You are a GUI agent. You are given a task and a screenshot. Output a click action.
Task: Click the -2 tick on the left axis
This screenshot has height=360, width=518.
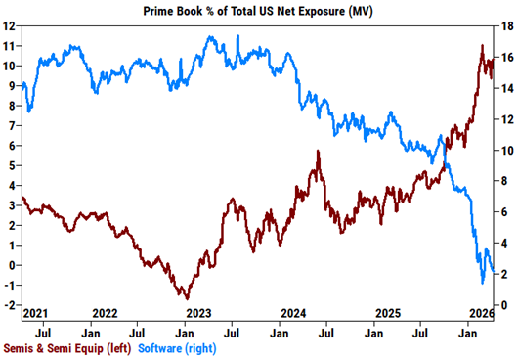8,305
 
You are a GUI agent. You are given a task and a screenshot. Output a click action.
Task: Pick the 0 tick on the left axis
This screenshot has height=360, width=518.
10,265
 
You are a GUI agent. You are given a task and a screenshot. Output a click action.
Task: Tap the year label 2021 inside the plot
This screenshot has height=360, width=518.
35,313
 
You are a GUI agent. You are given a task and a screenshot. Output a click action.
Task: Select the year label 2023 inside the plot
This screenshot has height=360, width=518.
198,313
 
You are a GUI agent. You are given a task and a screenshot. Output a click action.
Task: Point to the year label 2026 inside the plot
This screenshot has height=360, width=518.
480,313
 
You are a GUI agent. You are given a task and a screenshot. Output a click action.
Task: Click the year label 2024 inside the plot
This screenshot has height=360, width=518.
293,313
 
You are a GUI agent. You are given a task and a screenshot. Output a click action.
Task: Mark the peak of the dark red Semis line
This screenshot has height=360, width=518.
482,46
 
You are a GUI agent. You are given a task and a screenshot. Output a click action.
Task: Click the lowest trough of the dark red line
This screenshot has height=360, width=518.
186,298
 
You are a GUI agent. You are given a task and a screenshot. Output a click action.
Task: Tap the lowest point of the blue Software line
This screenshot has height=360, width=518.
482,284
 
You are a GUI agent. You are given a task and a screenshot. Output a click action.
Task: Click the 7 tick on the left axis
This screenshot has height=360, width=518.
10,125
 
